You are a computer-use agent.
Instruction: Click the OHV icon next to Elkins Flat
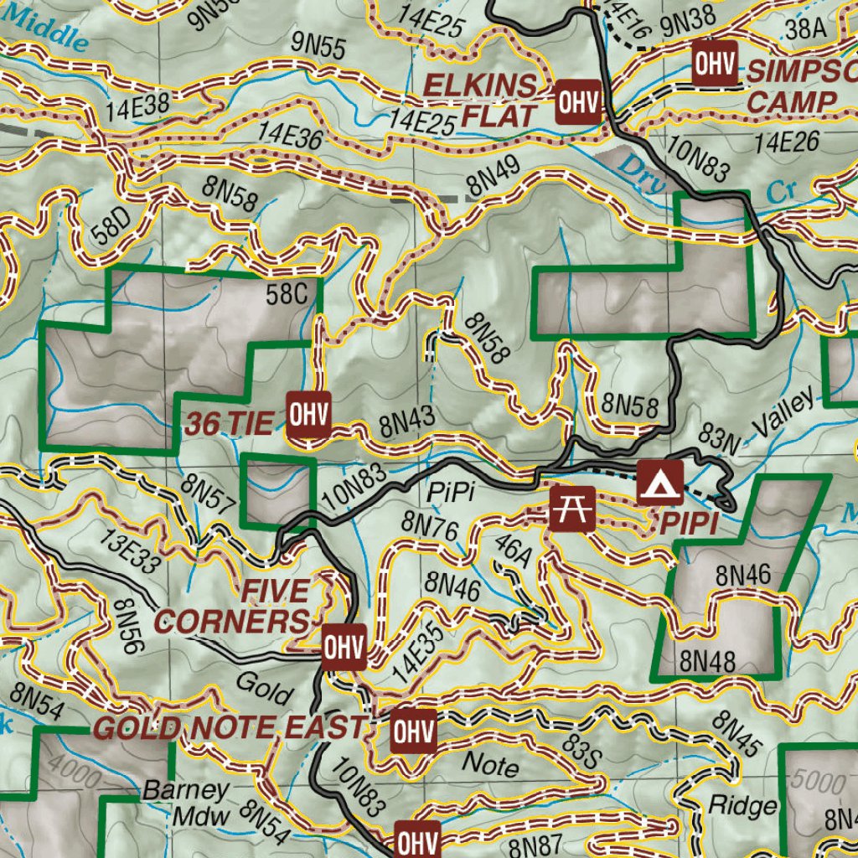pos(579,103)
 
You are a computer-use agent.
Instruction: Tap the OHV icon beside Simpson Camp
pos(713,64)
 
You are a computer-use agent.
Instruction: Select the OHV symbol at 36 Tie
pos(309,414)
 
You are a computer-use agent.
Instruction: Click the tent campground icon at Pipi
pos(659,483)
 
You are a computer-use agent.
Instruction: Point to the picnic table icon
pos(572,509)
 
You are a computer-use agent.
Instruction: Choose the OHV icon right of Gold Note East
pos(414,732)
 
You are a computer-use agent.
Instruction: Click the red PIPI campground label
pos(690,525)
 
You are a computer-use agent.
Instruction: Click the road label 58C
pos(284,294)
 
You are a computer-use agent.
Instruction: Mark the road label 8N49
pos(494,179)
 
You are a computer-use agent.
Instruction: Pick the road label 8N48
pos(708,660)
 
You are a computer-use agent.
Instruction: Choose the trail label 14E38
pos(139,106)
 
